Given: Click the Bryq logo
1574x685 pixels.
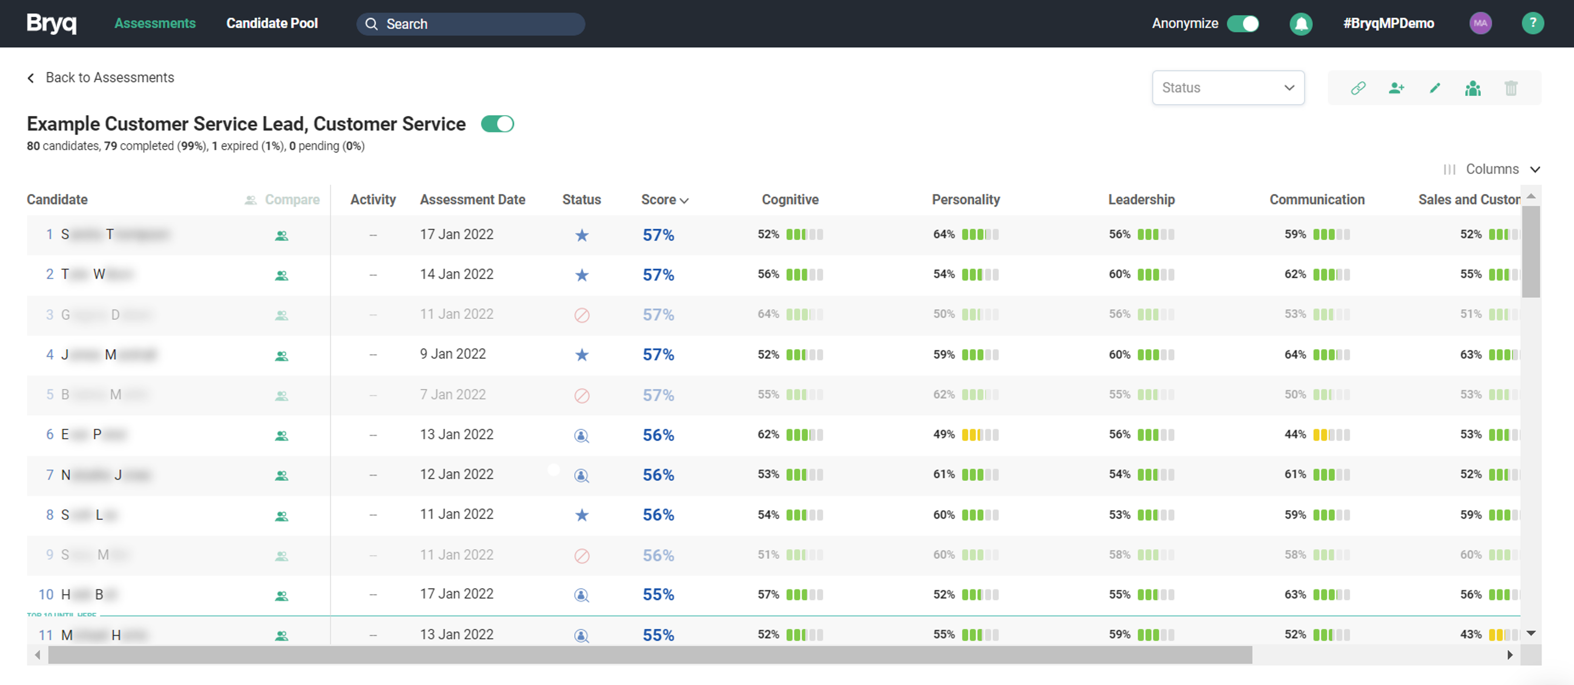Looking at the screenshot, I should tap(51, 23).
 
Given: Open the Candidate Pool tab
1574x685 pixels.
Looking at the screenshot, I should tap(272, 23).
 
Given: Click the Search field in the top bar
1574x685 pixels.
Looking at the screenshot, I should tap(470, 24).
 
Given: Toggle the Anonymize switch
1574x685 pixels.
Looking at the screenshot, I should tap(1243, 23).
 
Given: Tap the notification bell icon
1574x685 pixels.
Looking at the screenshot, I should tap(1301, 24).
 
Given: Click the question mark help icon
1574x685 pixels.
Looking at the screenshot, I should tap(1533, 23).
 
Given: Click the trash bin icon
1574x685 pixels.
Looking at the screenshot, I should tap(1511, 88).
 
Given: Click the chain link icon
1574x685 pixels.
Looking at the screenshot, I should tap(1358, 88).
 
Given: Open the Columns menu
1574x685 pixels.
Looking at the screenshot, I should tap(1491, 169).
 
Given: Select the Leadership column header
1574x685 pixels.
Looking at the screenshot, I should tap(1141, 200).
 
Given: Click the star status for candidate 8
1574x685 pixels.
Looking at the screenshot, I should tap(582, 515).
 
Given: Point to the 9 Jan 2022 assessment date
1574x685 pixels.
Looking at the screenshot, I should tap(453, 355).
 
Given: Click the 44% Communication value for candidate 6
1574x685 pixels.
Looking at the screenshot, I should tap(1295, 434).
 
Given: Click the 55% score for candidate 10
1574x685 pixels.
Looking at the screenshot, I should tap(658, 595).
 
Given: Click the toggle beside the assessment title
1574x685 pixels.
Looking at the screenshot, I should tap(498, 124).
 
